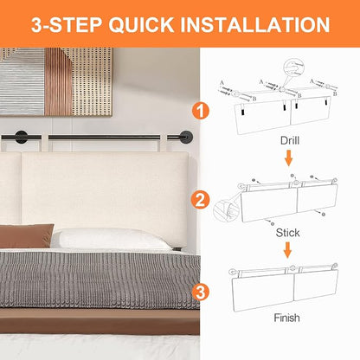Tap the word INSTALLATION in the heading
[x=255, y=24]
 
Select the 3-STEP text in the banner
[x=67, y=24]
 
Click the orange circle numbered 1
[x=201, y=111]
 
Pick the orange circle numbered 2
[x=201, y=200]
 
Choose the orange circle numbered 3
[x=201, y=292]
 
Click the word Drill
[x=290, y=141]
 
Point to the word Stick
[x=287, y=233]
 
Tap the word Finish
[x=286, y=318]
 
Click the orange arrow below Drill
[x=288, y=157]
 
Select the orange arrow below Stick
[x=287, y=250]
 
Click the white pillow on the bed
[x=111, y=239]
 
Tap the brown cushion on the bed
[x=27, y=235]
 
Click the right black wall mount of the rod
[x=185, y=138]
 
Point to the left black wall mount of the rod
[x=21, y=138]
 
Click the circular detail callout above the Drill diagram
[x=293, y=68]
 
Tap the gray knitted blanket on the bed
[x=100, y=280]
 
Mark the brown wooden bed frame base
[x=100, y=321]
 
